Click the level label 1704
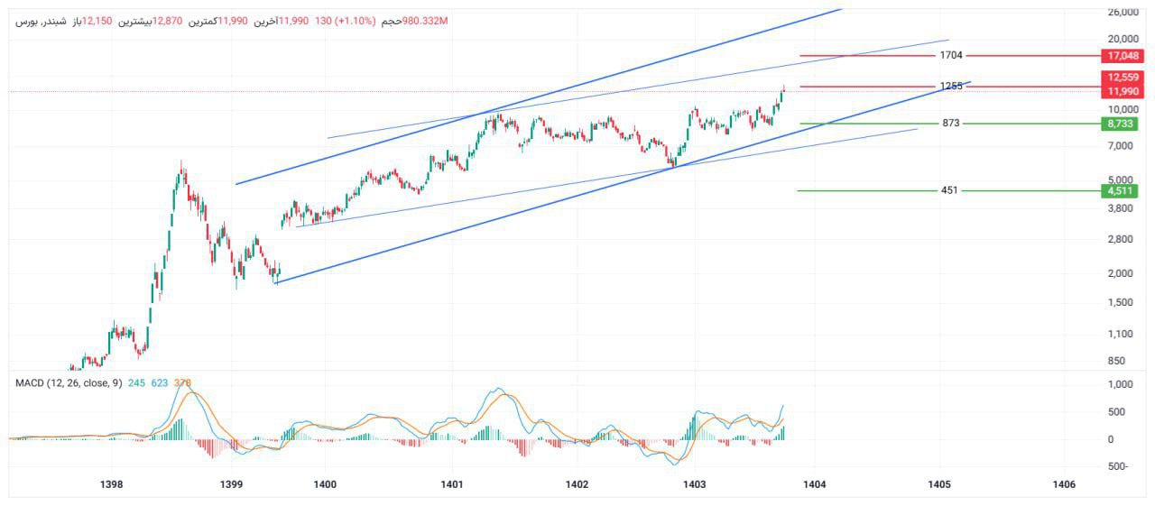pos(951,55)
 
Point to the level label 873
pos(951,123)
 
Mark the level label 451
pos(949,190)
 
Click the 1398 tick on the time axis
pos(112,484)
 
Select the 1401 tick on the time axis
pos(452,484)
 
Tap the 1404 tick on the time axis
pos(815,484)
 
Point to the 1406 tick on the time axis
pos(1064,484)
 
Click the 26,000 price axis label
pos(1123,12)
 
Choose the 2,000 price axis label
pos(1120,273)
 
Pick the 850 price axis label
pos(1116,361)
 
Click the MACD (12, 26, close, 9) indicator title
pos(69,382)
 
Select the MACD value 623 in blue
pos(160,382)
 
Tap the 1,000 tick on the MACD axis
pos(1120,384)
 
